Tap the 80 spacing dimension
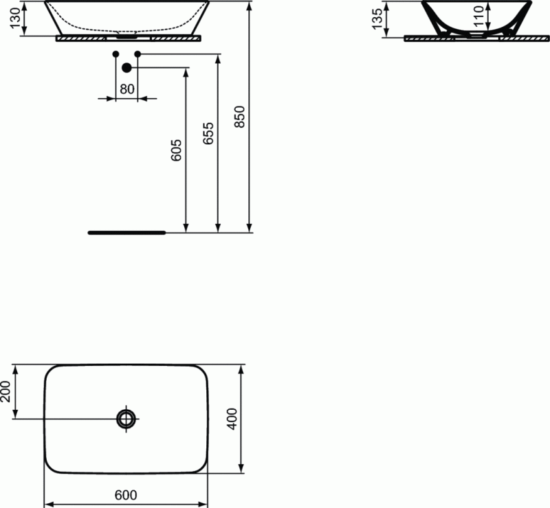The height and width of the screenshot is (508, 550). pos(126,89)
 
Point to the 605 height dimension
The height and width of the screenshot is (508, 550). pos(176,150)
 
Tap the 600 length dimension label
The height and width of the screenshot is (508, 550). pos(126,495)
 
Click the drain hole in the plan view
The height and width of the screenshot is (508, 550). pos(126,418)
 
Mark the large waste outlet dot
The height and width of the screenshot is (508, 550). pos(126,67)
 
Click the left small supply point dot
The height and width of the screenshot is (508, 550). pos(115,54)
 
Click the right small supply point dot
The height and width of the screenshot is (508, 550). pos(137,54)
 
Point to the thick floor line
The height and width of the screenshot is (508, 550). pos(127,233)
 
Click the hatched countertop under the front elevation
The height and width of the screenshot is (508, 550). pos(128,38)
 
